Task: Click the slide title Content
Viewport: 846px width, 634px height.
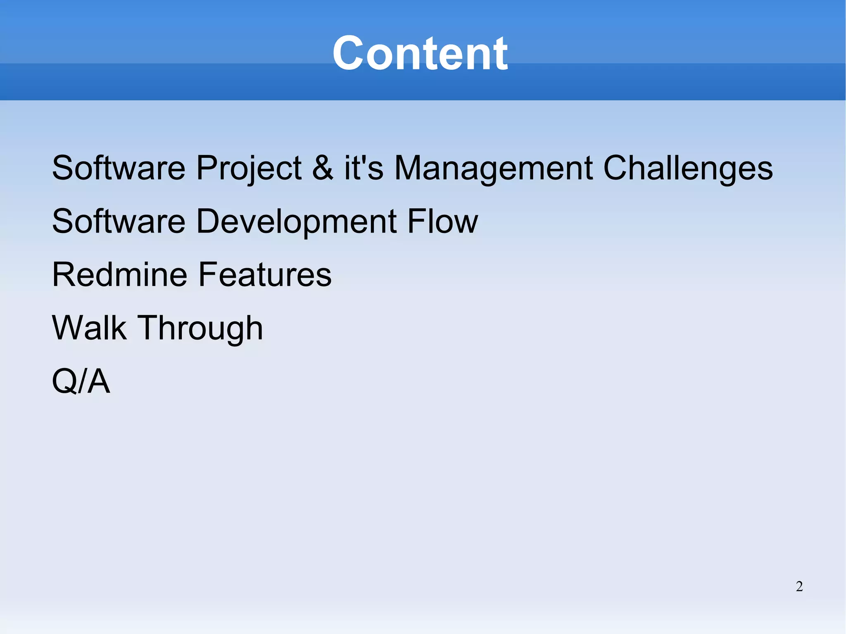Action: [420, 54]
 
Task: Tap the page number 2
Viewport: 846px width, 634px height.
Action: [799, 587]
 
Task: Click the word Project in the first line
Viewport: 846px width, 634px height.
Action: [249, 169]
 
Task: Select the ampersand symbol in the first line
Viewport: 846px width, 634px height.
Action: [323, 168]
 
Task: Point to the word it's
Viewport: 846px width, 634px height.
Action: [364, 168]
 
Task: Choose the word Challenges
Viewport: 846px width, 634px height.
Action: [688, 169]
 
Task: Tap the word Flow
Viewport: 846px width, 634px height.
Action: [442, 221]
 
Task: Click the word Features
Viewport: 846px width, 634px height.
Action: [265, 275]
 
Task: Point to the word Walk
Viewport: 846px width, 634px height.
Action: [89, 328]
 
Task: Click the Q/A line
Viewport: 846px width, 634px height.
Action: [81, 381]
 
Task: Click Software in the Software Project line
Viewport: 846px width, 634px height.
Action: [119, 168]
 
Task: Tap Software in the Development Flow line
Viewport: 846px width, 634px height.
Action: [119, 221]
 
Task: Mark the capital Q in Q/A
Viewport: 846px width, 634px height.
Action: [64, 381]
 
